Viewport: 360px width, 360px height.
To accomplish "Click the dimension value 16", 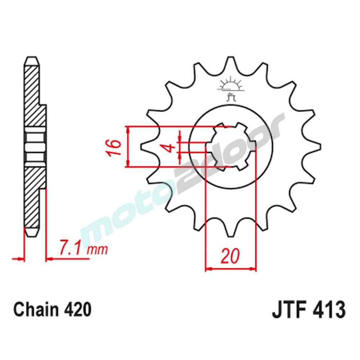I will click(x=114, y=147).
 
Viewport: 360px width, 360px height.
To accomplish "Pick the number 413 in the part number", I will click(x=329, y=310).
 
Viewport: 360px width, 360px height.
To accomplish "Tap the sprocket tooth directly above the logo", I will click(x=230, y=65).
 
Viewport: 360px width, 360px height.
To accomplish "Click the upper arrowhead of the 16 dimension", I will click(x=127, y=129).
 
